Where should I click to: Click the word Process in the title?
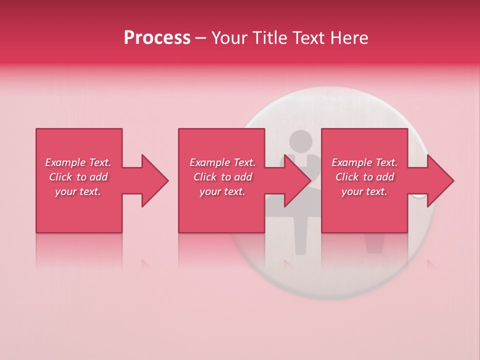point(157,38)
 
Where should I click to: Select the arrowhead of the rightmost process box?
point(440,180)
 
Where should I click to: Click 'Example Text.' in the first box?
point(78,162)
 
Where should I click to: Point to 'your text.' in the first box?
point(78,191)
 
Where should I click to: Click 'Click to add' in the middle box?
point(222,177)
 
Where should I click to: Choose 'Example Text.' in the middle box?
point(222,162)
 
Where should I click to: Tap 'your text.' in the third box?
point(364,191)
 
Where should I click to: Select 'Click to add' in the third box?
point(364,177)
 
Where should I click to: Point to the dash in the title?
point(200,38)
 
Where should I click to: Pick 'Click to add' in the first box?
point(78,177)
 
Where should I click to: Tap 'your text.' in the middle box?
point(222,191)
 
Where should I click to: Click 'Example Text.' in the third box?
point(364,162)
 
